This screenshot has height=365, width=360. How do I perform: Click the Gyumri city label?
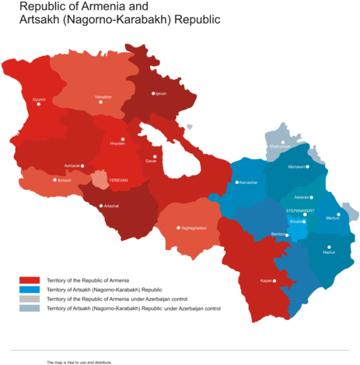39,99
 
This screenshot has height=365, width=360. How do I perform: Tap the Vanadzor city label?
103,96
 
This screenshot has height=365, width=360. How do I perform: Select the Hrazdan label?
117,144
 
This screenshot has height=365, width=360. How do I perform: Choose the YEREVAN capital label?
118,179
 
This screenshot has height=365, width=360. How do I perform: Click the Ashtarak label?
72,165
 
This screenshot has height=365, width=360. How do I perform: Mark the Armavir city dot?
52,180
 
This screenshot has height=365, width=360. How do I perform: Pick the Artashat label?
111,206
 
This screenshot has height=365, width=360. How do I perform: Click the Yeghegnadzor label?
193,228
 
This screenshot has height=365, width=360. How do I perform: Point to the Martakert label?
297,167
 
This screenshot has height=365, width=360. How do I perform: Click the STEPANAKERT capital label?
299,210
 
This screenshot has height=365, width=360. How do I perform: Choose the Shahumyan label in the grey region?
279,146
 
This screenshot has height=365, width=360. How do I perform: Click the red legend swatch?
30,280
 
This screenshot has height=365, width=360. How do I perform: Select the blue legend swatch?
30,289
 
